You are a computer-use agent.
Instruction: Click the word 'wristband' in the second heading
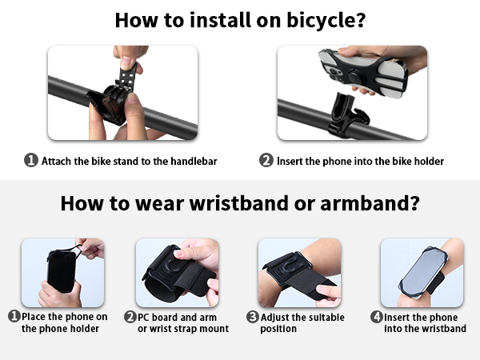click(238, 203)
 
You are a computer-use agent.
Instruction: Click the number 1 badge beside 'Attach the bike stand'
click(30, 161)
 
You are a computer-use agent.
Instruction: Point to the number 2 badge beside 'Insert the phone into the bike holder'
click(266, 161)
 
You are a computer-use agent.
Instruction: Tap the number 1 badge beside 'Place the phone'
click(14, 317)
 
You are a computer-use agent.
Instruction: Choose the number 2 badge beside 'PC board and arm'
click(130, 317)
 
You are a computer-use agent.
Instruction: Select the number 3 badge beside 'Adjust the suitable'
click(253, 317)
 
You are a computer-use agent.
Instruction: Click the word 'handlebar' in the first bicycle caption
click(193, 161)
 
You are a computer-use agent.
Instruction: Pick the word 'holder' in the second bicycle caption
click(427, 161)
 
